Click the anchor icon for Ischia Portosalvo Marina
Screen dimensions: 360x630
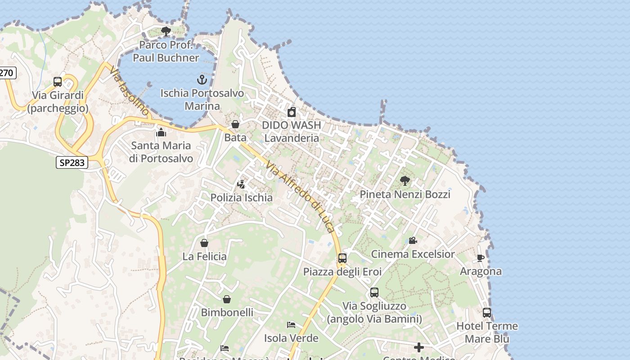202,80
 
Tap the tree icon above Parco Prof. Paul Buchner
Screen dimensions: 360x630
166,31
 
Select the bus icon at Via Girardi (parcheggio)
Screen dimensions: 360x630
58,82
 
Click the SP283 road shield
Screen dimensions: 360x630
72,162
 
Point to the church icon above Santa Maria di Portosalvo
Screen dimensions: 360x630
161,132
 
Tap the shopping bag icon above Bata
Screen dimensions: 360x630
235,124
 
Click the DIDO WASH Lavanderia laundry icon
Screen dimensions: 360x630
292,112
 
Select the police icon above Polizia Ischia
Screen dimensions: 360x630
241,184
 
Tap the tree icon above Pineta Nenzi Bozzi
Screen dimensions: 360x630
405,181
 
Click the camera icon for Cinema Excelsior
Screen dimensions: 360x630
413,241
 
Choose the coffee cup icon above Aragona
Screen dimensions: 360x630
481,258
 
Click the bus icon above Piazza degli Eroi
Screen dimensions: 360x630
342,258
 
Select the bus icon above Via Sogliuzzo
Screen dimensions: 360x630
374,292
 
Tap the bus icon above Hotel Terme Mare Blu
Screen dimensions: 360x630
487,313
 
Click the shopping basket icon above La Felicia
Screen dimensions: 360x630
204,243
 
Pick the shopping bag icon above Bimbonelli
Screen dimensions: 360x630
227,299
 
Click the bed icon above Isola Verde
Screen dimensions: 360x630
291,325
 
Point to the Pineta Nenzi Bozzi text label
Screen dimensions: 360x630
405,194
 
